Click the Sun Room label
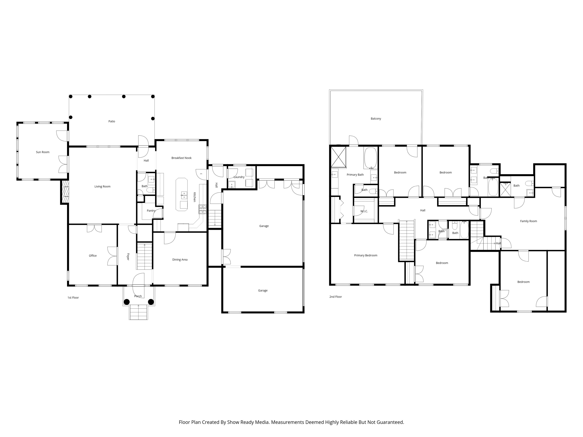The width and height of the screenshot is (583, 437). pyautogui.click(x=43, y=152)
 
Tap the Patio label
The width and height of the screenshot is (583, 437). pyautogui.click(x=112, y=121)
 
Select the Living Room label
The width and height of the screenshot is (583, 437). pyautogui.click(x=103, y=186)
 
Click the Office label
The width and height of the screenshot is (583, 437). pyautogui.click(x=93, y=256)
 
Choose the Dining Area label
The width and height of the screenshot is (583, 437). pyautogui.click(x=180, y=260)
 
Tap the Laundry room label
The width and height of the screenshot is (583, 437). pyautogui.click(x=239, y=177)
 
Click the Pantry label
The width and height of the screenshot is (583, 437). pyautogui.click(x=151, y=211)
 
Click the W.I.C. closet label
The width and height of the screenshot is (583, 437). pyautogui.click(x=364, y=211)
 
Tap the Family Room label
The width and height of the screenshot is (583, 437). pyautogui.click(x=528, y=221)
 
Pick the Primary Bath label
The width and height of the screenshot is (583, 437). pyautogui.click(x=355, y=175)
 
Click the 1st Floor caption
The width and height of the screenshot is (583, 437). pyautogui.click(x=73, y=298)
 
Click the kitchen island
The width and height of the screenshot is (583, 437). pyautogui.click(x=182, y=194)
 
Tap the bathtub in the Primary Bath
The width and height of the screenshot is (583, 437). pyautogui.click(x=371, y=158)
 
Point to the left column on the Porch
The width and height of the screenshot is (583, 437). pyautogui.click(x=127, y=302)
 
